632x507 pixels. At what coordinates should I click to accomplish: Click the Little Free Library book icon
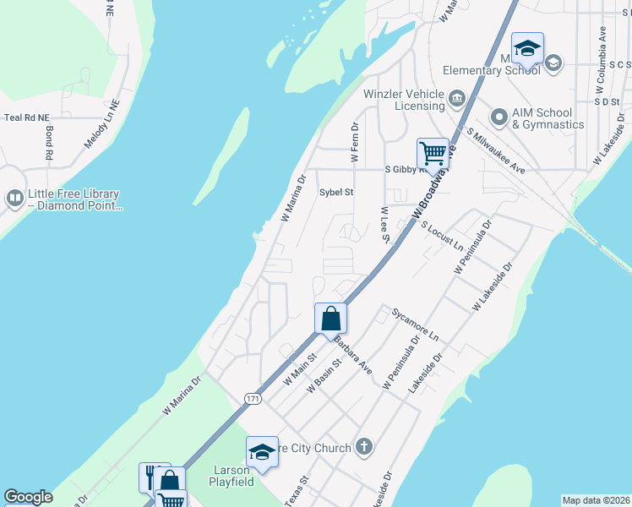(x=14, y=199)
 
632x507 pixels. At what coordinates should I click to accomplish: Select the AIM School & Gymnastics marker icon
(x=499, y=117)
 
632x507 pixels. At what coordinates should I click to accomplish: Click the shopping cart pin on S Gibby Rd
(x=433, y=154)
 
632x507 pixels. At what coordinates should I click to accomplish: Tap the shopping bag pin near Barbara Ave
(x=330, y=319)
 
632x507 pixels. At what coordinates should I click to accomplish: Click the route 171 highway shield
(x=252, y=397)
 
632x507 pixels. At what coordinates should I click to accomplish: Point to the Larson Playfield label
(x=229, y=476)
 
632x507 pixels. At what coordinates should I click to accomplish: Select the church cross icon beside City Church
(x=364, y=447)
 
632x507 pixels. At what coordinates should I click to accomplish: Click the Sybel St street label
(x=335, y=192)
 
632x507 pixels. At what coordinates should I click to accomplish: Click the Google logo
(x=28, y=497)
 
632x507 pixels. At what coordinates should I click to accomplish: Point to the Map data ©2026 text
(x=595, y=500)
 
